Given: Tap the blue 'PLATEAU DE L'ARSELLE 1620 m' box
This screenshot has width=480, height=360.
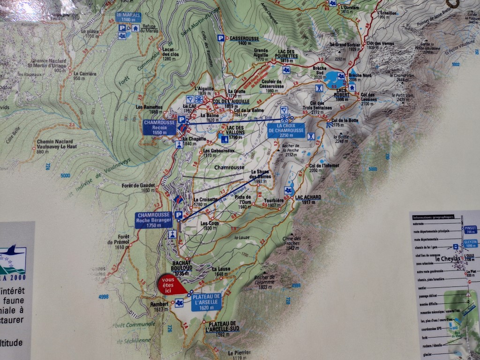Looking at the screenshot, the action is pyautogui.click(x=206, y=302).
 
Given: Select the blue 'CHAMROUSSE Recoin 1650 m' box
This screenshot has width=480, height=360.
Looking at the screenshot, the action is pyautogui.click(x=159, y=127).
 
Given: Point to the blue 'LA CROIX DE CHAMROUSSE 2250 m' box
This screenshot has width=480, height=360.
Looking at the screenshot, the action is pyautogui.click(x=286, y=130).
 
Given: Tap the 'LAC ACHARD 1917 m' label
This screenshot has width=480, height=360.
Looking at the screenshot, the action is pyautogui.click(x=308, y=200).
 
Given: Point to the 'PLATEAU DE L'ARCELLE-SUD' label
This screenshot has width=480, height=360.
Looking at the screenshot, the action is pyautogui.click(x=222, y=326).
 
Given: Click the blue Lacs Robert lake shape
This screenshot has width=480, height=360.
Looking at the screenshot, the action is pyautogui.click(x=334, y=79).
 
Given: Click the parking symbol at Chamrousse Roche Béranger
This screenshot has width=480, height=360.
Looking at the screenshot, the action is pyautogui.click(x=178, y=215).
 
